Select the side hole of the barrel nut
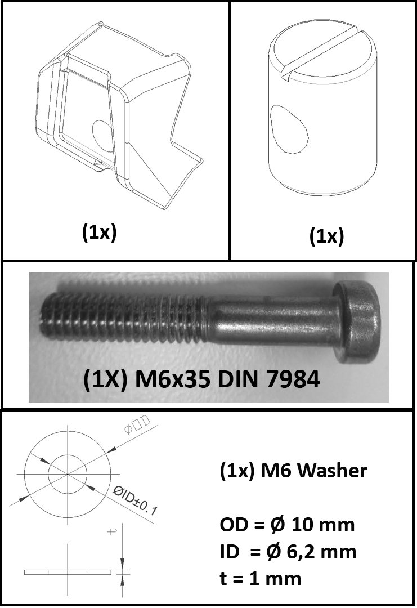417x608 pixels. [x=289, y=128]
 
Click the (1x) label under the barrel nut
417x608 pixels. [x=327, y=236]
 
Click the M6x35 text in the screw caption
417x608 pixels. [x=172, y=379]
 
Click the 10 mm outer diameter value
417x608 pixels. [x=323, y=525]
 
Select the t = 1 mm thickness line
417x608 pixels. [x=261, y=579]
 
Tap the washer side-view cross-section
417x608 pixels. [x=68, y=572]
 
